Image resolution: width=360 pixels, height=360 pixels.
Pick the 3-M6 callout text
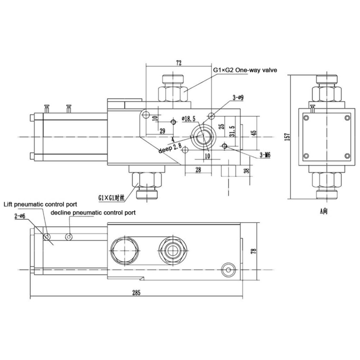click(x=265, y=155)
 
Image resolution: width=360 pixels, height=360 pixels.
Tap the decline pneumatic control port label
click(x=93, y=212)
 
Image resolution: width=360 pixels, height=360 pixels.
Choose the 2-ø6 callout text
click(x=20, y=217)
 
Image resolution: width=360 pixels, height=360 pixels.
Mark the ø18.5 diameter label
click(x=188, y=118)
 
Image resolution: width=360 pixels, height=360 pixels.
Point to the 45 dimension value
click(x=254, y=133)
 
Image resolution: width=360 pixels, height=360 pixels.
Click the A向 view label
click(x=324, y=211)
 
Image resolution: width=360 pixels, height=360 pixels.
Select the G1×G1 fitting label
click(x=111, y=197)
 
